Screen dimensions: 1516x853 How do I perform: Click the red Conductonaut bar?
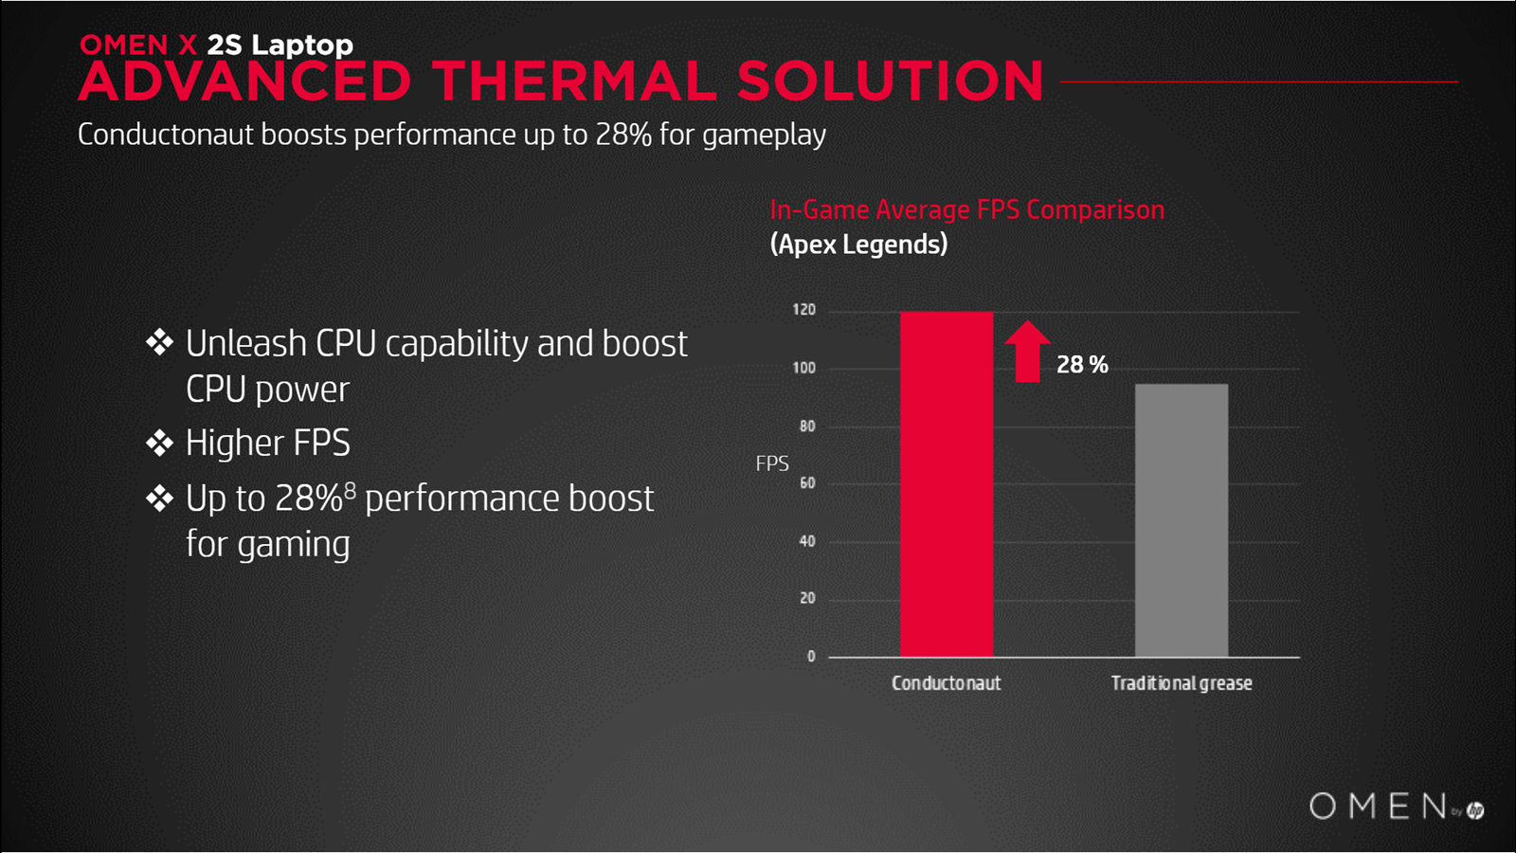point(947,484)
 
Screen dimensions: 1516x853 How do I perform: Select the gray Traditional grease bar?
point(1182,520)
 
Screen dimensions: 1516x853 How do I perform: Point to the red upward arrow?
point(1027,352)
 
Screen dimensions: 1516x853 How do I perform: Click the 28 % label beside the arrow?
point(1082,365)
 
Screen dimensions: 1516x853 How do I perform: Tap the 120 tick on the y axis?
point(804,310)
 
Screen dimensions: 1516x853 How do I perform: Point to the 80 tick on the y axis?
point(806,426)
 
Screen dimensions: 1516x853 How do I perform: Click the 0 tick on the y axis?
point(811,656)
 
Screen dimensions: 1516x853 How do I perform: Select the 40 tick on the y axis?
point(806,541)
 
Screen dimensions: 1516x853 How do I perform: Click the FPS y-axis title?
point(772,463)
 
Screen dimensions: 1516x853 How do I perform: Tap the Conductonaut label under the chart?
point(947,683)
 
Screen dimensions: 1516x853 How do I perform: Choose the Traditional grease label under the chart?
point(1182,683)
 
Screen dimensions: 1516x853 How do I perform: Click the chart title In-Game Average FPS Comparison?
point(967,209)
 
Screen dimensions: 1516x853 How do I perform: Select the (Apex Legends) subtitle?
point(858,245)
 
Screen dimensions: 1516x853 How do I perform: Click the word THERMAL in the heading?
point(574,82)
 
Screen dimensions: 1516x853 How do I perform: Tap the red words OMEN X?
point(138,45)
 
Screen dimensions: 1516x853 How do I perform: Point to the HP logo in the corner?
point(1475,809)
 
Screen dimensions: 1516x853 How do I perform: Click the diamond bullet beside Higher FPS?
point(160,443)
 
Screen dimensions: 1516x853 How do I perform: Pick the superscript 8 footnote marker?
point(350,489)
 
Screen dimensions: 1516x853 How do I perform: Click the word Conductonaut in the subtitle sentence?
point(166,135)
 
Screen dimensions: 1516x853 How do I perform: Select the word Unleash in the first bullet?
point(246,343)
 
